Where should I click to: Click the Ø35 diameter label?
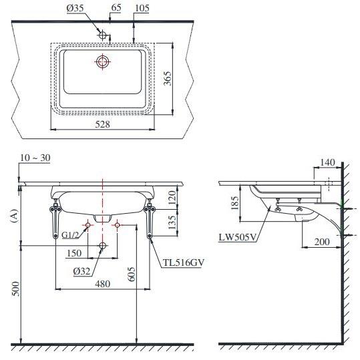point(75,8)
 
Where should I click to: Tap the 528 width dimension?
point(103,124)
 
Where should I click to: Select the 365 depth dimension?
point(168,78)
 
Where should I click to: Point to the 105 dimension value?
point(142,8)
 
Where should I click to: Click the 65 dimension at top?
point(116,7)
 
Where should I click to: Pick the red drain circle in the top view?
point(102,61)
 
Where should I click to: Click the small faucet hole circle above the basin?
point(102,35)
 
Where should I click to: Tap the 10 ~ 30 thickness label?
point(35,158)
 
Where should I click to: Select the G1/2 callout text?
point(70,235)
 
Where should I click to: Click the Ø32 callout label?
point(81,271)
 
